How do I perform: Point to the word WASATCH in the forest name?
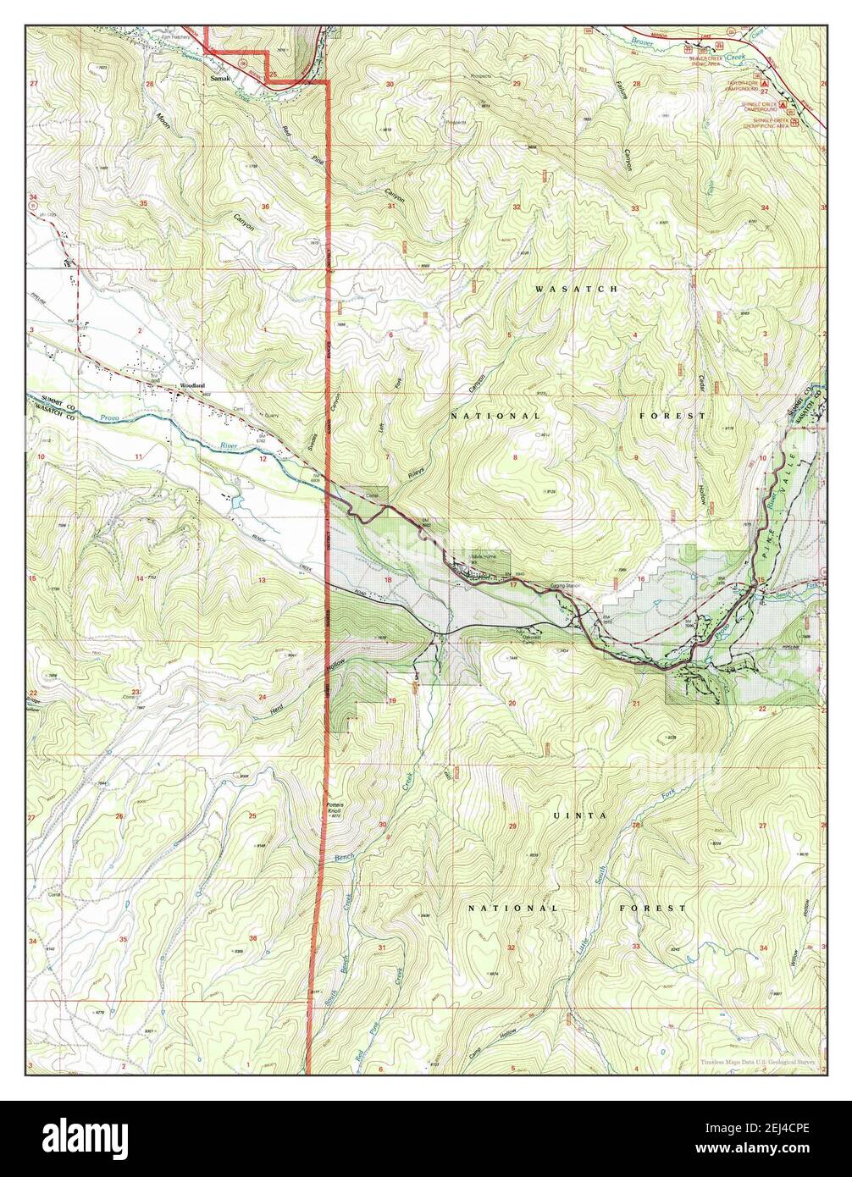point(564,290)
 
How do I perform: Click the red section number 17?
point(512,584)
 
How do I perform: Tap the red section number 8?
point(514,457)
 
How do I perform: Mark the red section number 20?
point(512,704)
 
